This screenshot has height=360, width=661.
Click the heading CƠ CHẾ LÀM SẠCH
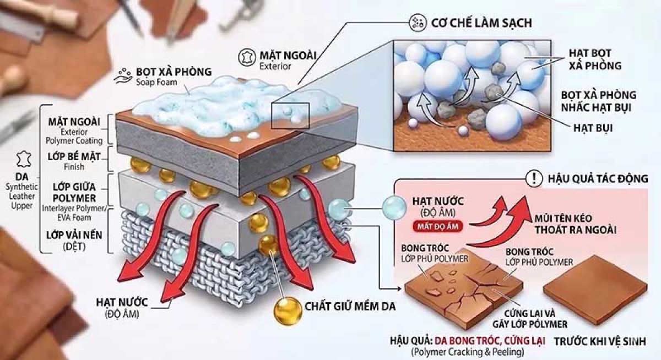(x=485, y=24)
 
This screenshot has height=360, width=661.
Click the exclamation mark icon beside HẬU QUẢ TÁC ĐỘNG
(x=533, y=178)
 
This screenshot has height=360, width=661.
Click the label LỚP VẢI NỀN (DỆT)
(x=74, y=241)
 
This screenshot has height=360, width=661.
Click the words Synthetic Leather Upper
(x=21, y=197)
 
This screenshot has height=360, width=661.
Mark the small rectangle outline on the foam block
(x=290, y=115)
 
